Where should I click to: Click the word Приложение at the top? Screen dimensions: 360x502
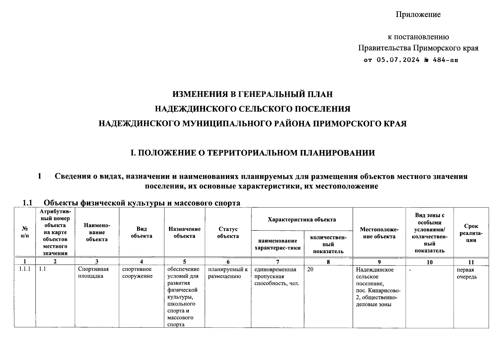(418, 14)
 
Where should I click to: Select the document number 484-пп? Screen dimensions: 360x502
(446, 60)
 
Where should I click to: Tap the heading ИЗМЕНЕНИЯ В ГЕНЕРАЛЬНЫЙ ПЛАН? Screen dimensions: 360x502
(252, 94)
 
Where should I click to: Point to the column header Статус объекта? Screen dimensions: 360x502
(228, 232)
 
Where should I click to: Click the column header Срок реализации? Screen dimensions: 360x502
(471, 233)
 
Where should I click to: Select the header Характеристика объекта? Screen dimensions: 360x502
(302, 219)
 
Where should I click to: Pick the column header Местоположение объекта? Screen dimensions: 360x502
(379, 233)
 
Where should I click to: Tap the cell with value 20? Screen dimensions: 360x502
(310, 269)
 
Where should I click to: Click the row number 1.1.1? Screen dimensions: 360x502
(25, 269)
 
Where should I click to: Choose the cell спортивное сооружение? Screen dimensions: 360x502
(137, 272)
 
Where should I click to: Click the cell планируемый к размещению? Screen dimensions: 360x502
(228, 273)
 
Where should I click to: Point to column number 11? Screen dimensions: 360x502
(471, 262)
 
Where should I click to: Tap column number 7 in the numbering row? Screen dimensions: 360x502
(278, 262)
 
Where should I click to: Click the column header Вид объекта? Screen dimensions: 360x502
(141, 232)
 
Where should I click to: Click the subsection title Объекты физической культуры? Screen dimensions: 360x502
(142, 203)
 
